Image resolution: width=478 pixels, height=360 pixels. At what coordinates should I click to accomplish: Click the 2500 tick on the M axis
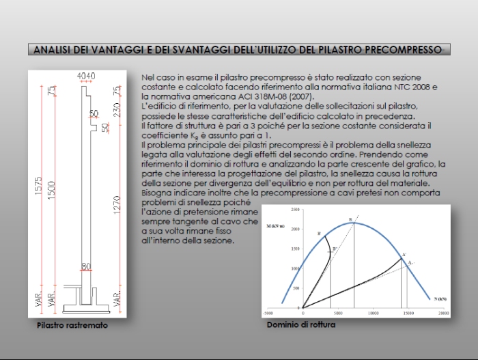click(x=294, y=209)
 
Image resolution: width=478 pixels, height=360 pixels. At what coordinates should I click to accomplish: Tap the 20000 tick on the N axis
click(x=443, y=313)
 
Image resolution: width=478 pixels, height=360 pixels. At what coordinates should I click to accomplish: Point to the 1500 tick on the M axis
click(x=294, y=249)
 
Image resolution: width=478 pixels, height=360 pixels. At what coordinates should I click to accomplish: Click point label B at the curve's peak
click(x=351, y=219)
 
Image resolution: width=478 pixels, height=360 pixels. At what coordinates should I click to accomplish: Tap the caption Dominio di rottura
click(x=301, y=325)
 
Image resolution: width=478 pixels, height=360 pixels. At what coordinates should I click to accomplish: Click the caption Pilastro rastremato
click(x=72, y=326)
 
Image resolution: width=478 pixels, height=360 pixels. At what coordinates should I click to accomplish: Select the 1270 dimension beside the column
click(x=117, y=205)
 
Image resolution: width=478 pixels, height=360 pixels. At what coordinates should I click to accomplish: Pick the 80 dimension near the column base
click(x=85, y=266)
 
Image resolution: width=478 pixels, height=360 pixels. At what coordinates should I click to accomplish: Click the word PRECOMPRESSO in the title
click(x=407, y=49)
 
